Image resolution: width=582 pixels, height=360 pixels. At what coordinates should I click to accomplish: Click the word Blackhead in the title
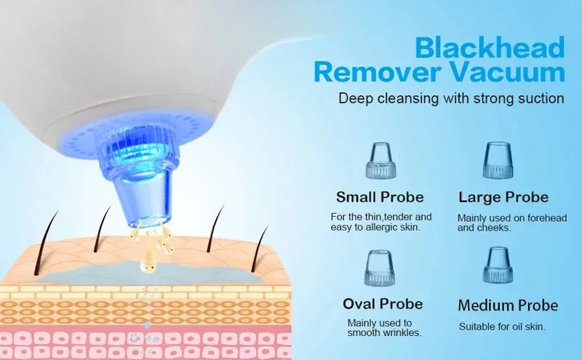click(489, 48)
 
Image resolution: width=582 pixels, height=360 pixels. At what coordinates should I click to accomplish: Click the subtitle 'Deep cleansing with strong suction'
click(451, 97)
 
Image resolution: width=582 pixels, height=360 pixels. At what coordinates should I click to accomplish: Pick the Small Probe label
click(380, 197)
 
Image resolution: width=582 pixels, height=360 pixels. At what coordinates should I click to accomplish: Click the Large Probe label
click(503, 197)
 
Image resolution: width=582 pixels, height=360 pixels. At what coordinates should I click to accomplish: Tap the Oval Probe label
click(383, 303)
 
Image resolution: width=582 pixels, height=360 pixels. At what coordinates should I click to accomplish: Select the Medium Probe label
click(509, 305)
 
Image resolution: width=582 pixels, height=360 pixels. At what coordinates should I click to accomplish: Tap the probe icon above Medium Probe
click(499, 266)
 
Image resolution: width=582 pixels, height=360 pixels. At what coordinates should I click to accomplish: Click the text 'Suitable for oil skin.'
click(502, 327)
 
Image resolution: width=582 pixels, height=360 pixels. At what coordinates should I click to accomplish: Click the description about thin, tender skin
click(381, 222)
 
